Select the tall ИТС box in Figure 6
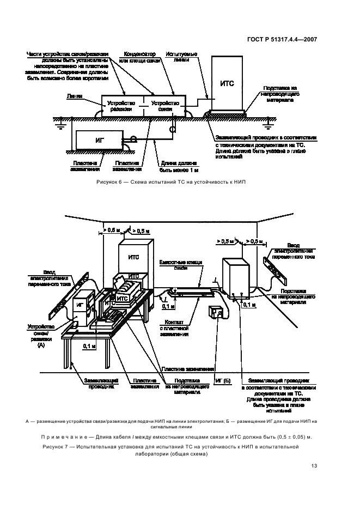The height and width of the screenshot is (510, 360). [x=227, y=83]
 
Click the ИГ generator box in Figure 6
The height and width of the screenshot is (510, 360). [x=99, y=140]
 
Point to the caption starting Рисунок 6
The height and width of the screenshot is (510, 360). [x=171, y=182]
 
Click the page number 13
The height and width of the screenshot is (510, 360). [x=314, y=465]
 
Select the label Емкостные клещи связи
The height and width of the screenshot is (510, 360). [x=180, y=265]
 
